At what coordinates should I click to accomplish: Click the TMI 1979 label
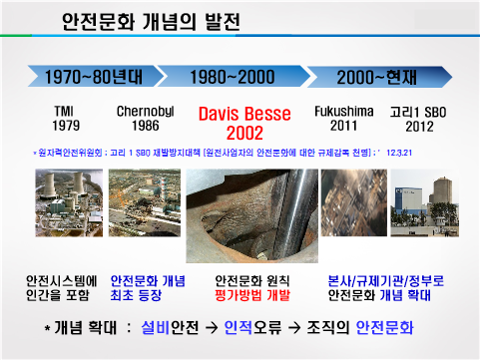(x=67, y=117)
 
